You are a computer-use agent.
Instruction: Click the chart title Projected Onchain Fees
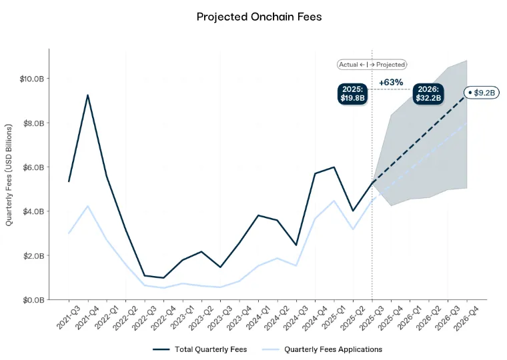pos(259,17)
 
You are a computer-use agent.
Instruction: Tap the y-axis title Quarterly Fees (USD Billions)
pos(9,174)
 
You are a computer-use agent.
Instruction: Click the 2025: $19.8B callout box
pos(352,93)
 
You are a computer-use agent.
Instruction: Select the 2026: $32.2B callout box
pos(427,93)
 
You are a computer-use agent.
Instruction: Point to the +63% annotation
pos(391,83)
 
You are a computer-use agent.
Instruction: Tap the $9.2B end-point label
pos(482,93)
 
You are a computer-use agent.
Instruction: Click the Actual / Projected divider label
pos(372,65)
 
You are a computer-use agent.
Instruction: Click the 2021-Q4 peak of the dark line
pos(87,95)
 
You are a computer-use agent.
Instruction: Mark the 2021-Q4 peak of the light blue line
pos(87,205)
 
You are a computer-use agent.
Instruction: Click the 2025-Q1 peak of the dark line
pos(334,167)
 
